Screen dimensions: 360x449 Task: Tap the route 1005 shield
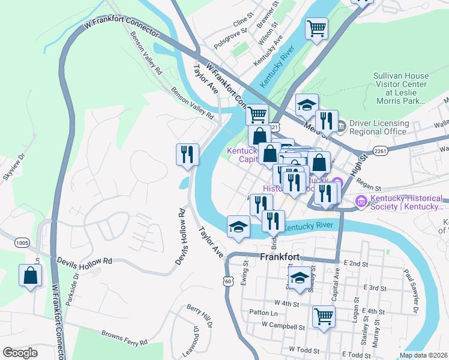coord(22,242)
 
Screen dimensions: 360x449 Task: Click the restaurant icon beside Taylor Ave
coord(187,154)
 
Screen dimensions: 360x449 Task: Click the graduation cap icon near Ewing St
coord(238,227)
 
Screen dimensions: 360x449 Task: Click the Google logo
coord(20,353)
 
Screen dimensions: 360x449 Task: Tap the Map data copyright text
coord(424,355)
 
